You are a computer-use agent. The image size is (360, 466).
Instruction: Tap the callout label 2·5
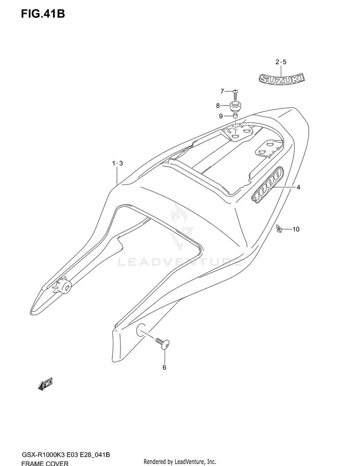[x=281, y=62]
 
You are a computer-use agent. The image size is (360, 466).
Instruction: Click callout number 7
[x=222, y=91]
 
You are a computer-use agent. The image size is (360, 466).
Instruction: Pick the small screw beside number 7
[x=235, y=91]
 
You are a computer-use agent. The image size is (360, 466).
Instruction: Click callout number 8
[x=217, y=106]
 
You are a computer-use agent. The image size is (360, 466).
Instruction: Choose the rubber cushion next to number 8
[x=235, y=105]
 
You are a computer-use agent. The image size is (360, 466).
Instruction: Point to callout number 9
[x=221, y=116]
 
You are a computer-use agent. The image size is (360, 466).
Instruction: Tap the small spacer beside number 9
[x=236, y=116]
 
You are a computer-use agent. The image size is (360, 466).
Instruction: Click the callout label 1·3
[x=118, y=164]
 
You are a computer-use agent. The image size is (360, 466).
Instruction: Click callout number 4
[x=298, y=188]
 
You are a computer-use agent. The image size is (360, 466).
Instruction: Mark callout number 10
[x=295, y=229]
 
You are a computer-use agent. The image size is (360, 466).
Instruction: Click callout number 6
[x=164, y=368]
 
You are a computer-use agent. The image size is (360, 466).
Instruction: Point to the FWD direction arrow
[x=45, y=384]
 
